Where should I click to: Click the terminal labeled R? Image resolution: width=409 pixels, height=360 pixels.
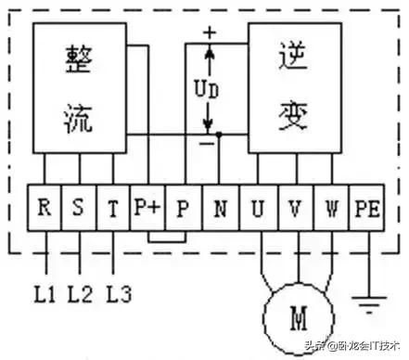44,207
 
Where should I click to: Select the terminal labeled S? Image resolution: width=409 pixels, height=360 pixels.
79,207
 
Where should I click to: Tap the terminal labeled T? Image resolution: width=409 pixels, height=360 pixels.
113,207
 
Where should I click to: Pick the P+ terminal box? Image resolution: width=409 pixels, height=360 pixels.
147,207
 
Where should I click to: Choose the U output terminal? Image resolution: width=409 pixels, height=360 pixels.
257,207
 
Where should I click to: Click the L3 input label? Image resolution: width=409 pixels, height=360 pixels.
117,295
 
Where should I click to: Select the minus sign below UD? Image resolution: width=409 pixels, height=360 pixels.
207,143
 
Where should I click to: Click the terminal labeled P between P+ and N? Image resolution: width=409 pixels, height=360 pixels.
183,207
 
